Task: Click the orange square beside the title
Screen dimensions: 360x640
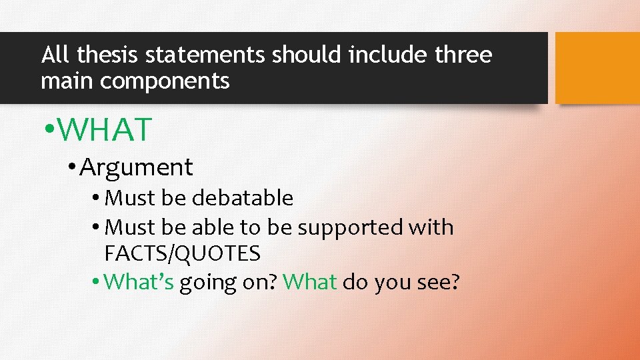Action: [x=597, y=68]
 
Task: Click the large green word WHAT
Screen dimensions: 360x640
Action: [x=105, y=130]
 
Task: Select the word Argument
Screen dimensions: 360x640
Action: [x=136, y=167]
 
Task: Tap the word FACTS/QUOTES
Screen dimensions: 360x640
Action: [x=182, y=253]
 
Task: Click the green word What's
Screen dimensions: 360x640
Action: [x=139, y=282]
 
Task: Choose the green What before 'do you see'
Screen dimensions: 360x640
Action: [x=309, y=282]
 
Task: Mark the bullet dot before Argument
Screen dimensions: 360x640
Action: [x=71, y=167]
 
